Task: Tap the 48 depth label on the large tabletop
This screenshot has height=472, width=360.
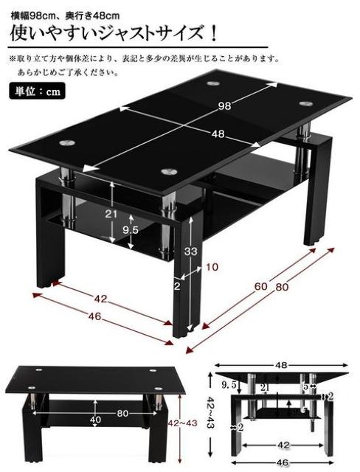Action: click(218, 134)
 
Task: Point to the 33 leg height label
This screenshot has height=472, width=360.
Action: click(190, 251)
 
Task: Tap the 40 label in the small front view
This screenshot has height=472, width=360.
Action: click(95, 419)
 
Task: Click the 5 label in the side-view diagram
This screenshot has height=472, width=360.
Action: click(305, 386)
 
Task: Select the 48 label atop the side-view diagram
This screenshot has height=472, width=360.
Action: click(282, 364)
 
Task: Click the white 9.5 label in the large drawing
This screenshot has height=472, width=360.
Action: click(130, 229)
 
